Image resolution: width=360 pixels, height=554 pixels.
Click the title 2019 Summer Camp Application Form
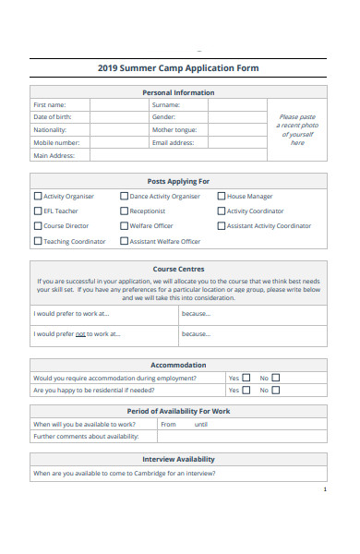[x=178, y=68]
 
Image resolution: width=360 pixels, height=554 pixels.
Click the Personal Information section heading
[x=178, y=92]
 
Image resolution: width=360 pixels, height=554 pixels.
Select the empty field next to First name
[x=119, y=105]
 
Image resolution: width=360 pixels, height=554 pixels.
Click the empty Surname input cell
[x=234, y=105]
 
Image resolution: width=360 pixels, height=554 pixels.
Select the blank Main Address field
[x=174, y=156]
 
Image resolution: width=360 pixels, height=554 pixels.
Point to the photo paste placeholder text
[x=296, y=130]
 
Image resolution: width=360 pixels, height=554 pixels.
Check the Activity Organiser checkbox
[x=38, y=196]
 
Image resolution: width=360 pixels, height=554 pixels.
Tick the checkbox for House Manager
[x=222, y=196]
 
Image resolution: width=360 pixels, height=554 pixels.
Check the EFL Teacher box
[x=38, y=211]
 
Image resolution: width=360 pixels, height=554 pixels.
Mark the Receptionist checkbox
[x=124, y=211]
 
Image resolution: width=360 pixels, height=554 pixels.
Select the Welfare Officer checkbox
[x=124, y=225]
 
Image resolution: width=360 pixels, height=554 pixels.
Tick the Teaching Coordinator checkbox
[x=38, y=241]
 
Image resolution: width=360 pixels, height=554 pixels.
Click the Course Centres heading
[x=178, y=269]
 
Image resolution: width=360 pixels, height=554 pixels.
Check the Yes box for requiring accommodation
[x=246, y=378]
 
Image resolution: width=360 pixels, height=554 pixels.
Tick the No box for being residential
[x=275, y=390]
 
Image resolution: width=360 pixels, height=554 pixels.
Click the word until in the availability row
[x=200, y=425]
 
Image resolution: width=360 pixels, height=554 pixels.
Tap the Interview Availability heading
[x=178, y=459]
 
